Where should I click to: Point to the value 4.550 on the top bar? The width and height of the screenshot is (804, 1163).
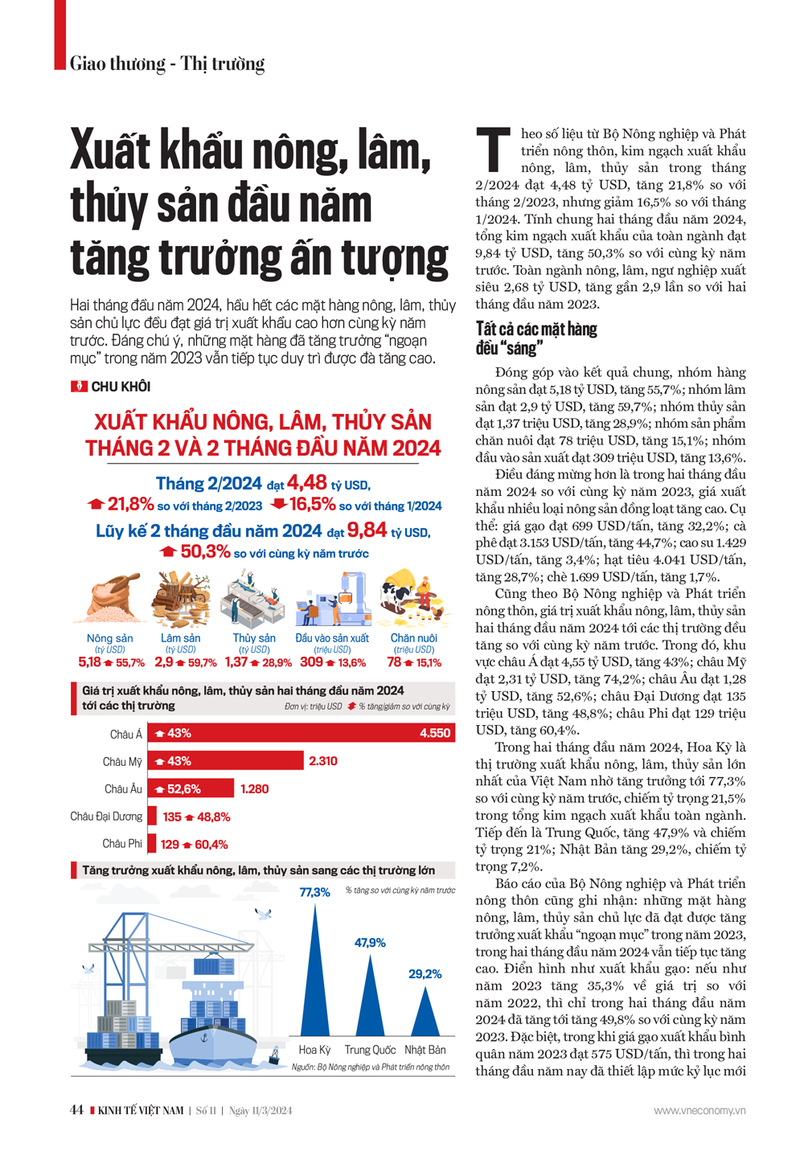[x=435, y=733]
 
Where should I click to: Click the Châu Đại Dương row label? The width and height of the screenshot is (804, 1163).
[x=106, y=817]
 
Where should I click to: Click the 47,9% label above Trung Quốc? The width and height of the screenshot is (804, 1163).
[x=370, y=942]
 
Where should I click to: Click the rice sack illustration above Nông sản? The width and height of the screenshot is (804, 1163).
[x=109, y=599]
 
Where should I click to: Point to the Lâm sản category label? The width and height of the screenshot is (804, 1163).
[x=180, y=638]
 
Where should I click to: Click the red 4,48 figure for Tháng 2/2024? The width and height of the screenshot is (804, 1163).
[x=307, y=482]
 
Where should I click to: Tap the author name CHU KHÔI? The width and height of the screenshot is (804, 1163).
[x=121, y=387]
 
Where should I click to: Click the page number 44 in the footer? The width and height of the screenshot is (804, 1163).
[x=76, y=1111]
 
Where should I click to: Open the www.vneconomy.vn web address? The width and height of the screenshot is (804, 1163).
[x=699, y=1111]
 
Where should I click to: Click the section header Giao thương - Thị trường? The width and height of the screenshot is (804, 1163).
[x=167, y=63]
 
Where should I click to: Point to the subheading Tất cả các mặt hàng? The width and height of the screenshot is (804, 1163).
[x=536, y=329]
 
